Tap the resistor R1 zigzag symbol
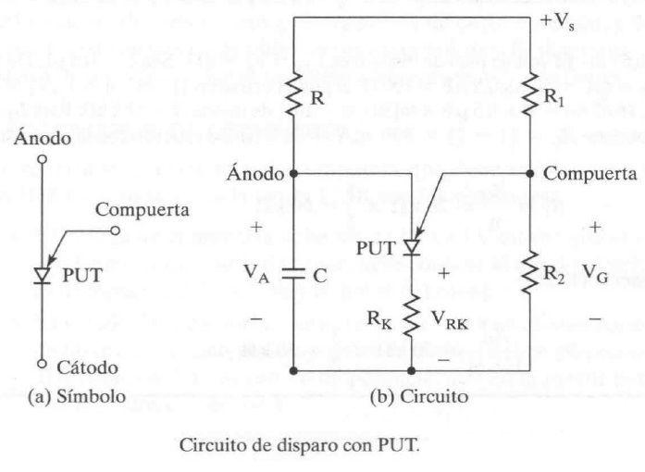(x=529, y=93)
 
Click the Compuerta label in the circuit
(x=589, y=173)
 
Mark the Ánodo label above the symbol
(x=42, y=141)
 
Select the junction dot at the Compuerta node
(x=529, y=172)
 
